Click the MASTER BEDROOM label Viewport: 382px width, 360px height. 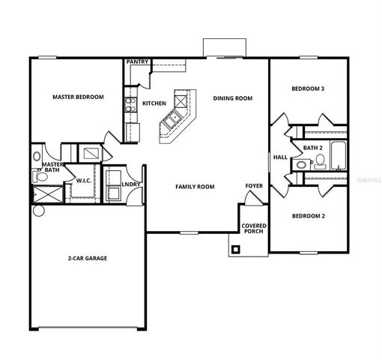pyautogui.click(x=78, y=97)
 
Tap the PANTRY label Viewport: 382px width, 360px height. pyautogui.click(x=136, y=62)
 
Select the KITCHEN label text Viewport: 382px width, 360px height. pyautogui.click(x=154, y=103)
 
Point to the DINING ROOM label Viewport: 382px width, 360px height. pyautogui.click(x=232, y=98)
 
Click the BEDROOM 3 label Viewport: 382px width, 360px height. pyautogui.click(x=308, y=89)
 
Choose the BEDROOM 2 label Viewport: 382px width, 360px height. pyautogui.click(x=308, y=216)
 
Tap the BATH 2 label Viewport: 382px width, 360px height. pyautogui.click(x=312, y=148)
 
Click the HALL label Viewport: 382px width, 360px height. pyautogui.click(x=280, y=157)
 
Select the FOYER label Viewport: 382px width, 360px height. pyautogui.click(x=254, y=185)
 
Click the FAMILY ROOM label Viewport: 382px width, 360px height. pyautogui.click(x=195, y=186)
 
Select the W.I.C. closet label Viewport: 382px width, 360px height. pyautogui.click(x=84, y=181)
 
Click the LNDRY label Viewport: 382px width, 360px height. pyautogui.click(x=131, y=183)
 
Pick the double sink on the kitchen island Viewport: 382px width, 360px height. pyautogui.click(x=173, y=118)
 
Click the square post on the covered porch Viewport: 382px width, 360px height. pyautogui.click(x=237, y=249)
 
